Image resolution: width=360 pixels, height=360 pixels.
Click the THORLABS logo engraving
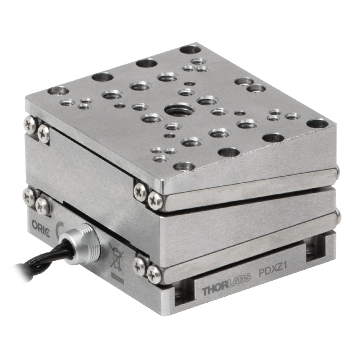click(226, 284)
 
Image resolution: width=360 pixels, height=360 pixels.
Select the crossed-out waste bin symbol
click(117, 258)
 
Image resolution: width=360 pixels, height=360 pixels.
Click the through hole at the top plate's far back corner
click(190, 49)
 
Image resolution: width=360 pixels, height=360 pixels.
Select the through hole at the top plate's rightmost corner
click(318, 124)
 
